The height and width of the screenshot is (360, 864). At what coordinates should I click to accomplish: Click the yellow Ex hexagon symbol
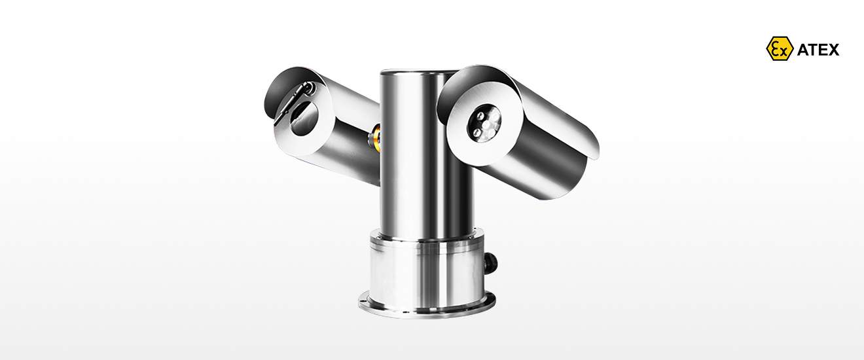pos(780,48)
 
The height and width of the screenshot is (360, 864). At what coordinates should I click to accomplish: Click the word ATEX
pos(818,50)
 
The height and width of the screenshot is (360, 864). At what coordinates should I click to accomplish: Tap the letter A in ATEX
pos(802,50)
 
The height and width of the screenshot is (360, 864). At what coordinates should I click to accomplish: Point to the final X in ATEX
pos(833,50)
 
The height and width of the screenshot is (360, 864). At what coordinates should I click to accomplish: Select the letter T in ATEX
pos(813,50)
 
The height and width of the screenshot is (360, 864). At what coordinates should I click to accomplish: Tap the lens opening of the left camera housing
pos(304,118)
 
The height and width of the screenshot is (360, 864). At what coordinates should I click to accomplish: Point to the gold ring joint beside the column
pos(375,136)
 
